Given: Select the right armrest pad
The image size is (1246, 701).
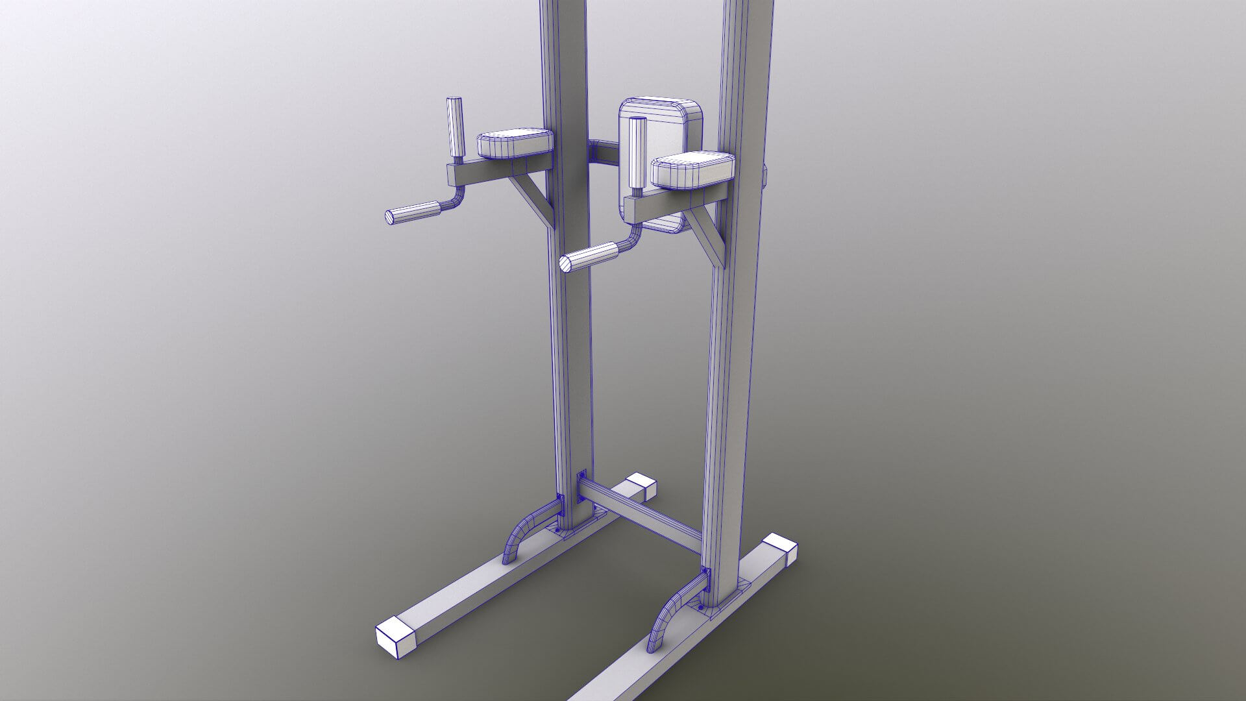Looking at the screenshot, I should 693,170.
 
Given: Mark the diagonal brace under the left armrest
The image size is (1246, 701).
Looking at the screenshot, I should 531,197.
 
